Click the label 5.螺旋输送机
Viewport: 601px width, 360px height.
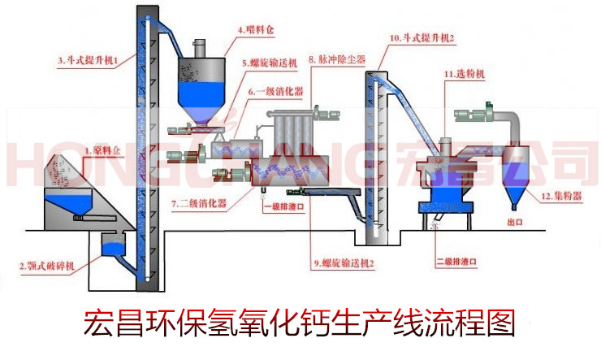coord(270,61)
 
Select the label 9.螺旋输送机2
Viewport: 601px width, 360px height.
coord(340,264)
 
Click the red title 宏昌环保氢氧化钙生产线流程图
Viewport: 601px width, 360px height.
coord(300,323)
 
